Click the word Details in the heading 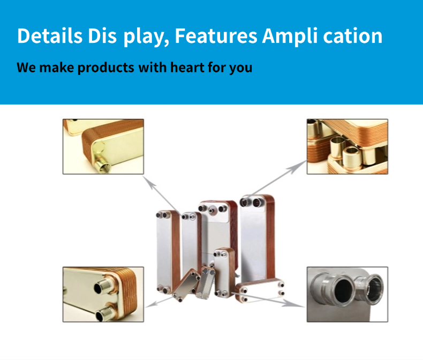pos(49,36)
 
